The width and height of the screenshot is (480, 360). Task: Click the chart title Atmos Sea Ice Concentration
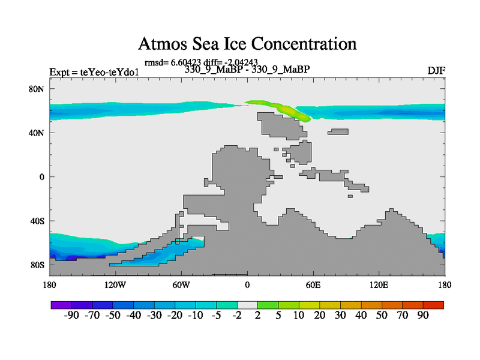coord(247,44)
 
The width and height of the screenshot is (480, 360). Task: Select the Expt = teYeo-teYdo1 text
coord(94,73)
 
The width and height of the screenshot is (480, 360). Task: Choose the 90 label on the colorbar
coord(423,316)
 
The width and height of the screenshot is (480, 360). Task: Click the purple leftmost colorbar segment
coord(61,304)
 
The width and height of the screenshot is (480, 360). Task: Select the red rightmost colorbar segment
coord(434,304)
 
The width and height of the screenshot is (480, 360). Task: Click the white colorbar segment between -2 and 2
coord(247,304)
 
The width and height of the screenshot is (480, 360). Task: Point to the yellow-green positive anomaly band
coord(282,109)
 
